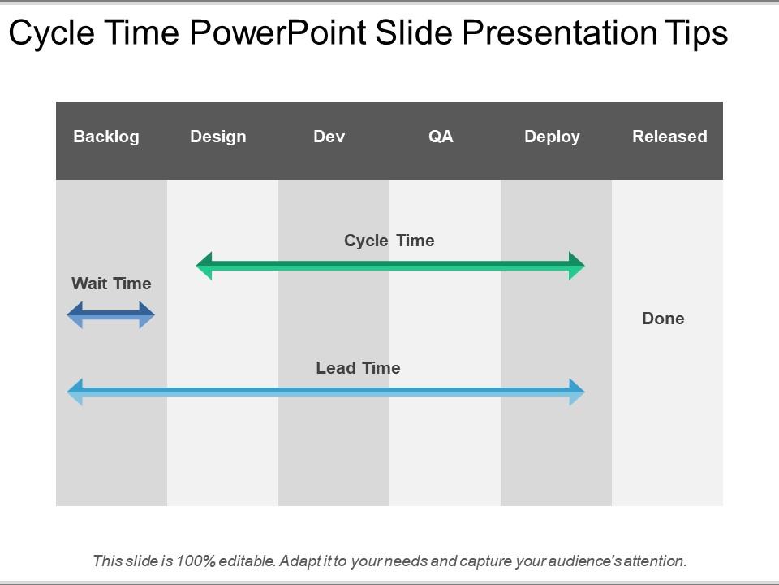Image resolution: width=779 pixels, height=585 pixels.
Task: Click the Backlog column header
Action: [x=105, y=136]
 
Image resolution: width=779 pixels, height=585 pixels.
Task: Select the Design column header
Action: [x=218, y=136]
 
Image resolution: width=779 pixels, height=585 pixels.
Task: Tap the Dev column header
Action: [x=329, y=136]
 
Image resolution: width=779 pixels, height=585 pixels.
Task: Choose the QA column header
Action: [x=441, y=136]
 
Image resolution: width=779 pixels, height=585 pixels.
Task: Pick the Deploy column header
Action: [x=552, y=136]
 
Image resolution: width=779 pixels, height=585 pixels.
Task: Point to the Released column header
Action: [x=669, y=136]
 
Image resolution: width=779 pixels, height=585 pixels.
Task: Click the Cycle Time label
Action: [x=389, y=240]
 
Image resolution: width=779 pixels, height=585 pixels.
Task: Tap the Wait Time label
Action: [x=111, y=284]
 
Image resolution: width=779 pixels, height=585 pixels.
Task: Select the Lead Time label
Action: [x=358, y=368]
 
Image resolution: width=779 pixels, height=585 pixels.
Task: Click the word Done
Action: [x=663, y=318]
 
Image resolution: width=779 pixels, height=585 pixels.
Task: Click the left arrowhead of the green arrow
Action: [x=204, y=266]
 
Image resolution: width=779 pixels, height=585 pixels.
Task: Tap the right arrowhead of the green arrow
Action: [x=577, y=266]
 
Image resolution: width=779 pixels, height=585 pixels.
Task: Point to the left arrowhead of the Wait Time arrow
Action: [x=75, y=315]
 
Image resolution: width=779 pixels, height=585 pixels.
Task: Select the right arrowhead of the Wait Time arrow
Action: [x=147, y=315]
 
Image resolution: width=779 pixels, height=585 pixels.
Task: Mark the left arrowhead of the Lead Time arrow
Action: [x=75, y=392]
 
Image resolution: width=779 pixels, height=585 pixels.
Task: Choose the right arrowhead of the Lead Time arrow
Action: [x=577, y=392]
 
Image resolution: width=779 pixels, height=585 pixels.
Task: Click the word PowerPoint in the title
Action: [x=278, y=32]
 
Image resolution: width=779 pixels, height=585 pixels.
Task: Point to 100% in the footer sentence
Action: [x=196, y=561]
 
